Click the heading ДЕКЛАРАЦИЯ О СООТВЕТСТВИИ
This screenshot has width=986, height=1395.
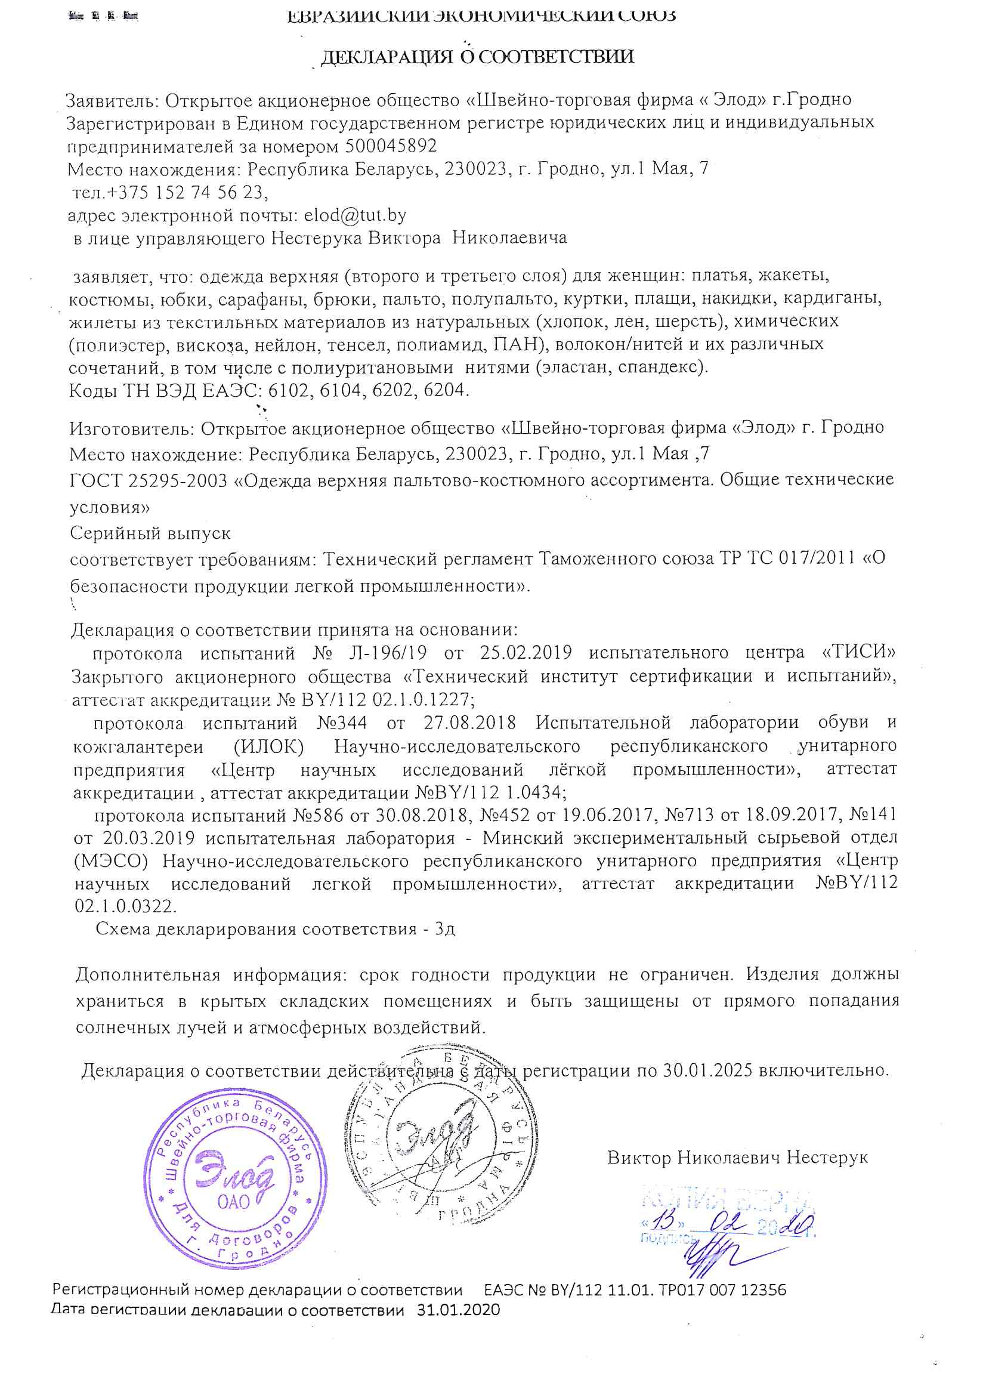click(477, 57)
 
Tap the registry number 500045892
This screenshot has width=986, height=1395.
click(391, 146)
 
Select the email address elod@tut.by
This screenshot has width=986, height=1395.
click(355, 215)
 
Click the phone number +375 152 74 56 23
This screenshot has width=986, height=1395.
click(186, 192)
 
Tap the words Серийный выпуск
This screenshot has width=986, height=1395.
click(150, 533)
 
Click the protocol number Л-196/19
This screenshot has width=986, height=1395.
click(388, 653)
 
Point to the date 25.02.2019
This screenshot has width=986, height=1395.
click(526, 653)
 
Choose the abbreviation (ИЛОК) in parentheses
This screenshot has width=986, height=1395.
click(268, 746)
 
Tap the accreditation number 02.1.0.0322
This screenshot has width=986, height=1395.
click(126, 906)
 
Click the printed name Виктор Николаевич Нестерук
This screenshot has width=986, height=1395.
click(737, 1158)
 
